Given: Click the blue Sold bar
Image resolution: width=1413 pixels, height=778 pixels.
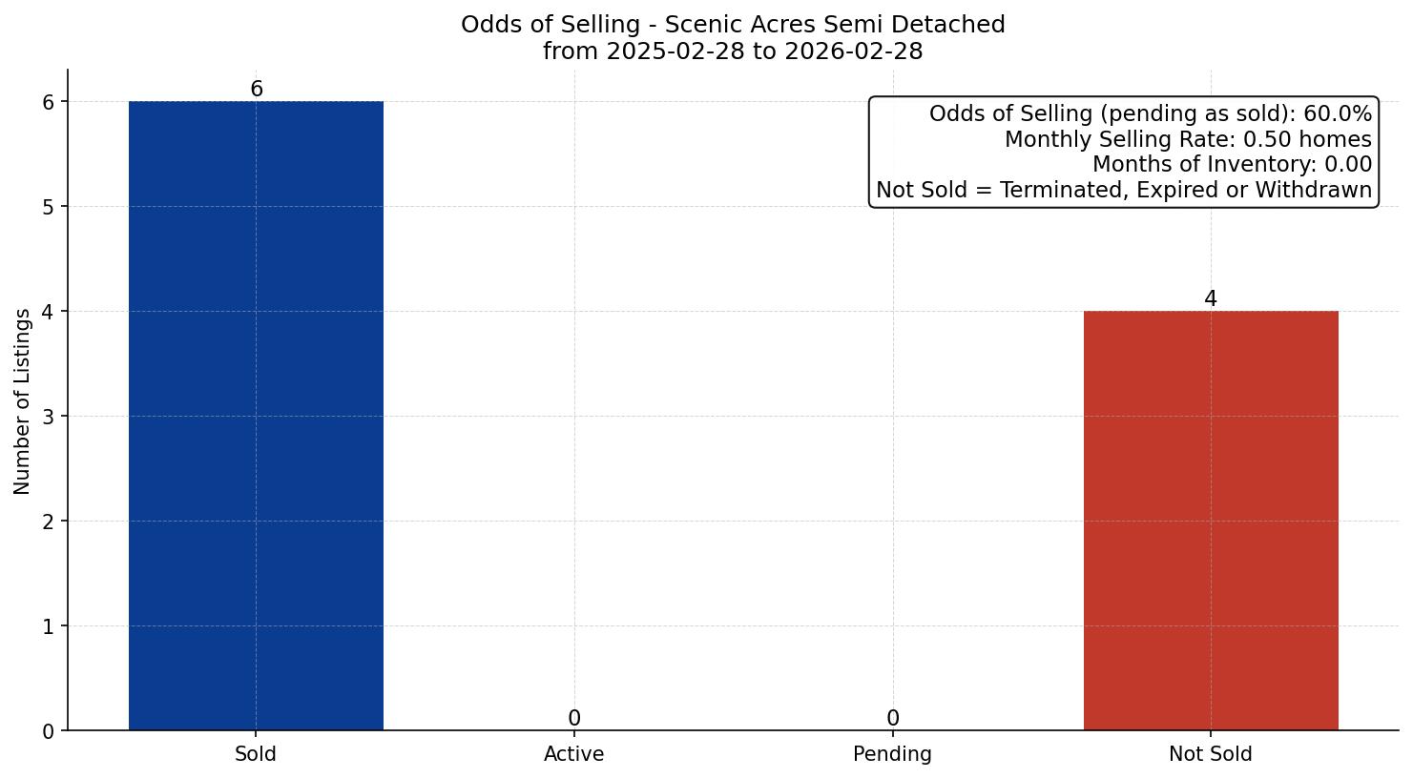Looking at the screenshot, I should pyautogui.click(x=256, y=416).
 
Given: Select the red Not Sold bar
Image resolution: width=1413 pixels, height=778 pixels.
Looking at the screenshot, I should pyautogui.click(x=1210, y=521).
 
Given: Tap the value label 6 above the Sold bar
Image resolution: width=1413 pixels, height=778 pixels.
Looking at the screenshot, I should pyautogui.click(x=256, y=89).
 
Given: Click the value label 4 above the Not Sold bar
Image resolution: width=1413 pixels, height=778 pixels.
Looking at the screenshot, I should pyautogui.click(x=1210, y=298).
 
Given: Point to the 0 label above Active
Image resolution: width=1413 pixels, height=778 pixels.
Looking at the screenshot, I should pyautogui.click(x=573, y=718).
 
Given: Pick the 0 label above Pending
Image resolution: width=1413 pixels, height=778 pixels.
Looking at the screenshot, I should pyautogui.click(x=892, y=718).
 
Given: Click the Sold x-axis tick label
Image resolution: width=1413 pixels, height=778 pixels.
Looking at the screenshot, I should pyautogui.click(x=256, y=754).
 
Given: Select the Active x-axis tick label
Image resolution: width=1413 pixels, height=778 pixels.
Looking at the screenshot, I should pyautogui.click(x=573, y=754).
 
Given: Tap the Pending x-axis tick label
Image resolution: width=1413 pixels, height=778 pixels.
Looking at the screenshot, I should pyautogui.click(x=892, y=754).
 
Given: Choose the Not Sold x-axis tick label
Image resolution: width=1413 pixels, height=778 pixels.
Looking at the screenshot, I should pyautogui.click(x=1210, y=754).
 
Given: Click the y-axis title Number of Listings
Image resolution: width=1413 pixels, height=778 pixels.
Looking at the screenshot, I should pyautogui.click(x=23, y=401).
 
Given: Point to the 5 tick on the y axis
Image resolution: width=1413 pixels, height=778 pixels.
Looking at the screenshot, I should pyautogui.click(x=49, y=207).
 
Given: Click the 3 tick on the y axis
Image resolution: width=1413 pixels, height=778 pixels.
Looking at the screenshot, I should pyautogui.click(x=49, y=417).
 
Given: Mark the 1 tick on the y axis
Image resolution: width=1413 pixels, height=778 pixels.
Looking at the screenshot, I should pyautogui.click(x=49, y=626).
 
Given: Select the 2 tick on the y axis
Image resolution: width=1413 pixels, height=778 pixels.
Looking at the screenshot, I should pyautogui.click(x=49, y=522).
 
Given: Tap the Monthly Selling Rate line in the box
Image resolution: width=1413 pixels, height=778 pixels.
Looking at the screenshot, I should pyautogui.click(x=1188, y=139).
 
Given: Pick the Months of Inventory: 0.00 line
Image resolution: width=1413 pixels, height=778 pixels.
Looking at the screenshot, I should pyautogui.click(x=1232, y=165).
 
